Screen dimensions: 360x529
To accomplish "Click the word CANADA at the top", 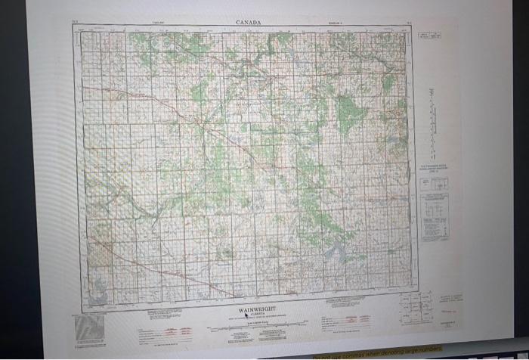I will [x=248, y=23].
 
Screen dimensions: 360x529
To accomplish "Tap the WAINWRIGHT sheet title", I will [x=246, y=310].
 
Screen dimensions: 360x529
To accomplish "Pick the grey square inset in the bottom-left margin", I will [x=90, y=327].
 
